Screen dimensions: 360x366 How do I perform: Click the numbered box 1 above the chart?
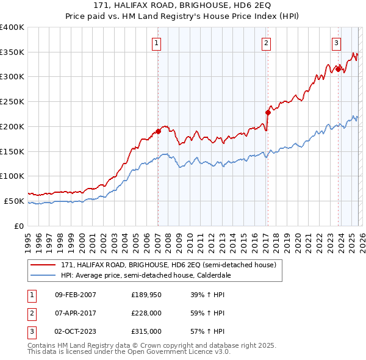pos(157,43)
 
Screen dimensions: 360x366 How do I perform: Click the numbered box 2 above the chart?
pos(267,43)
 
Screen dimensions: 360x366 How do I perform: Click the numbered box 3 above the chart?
pos(337,43)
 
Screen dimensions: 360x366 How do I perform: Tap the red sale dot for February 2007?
pos(158,131)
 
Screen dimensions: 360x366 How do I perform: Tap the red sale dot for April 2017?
pos(268,112)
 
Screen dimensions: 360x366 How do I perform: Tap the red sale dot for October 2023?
pos(338,69)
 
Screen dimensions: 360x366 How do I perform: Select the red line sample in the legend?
pos(43,265)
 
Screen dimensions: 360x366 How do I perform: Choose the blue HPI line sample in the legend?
pos(43,275)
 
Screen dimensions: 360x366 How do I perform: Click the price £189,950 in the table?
pos(146,295)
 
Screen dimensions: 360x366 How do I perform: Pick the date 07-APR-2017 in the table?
pos(75,314)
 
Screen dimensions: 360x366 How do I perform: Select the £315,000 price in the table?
pos(146,332)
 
